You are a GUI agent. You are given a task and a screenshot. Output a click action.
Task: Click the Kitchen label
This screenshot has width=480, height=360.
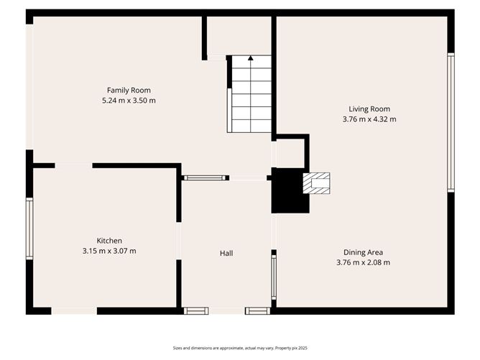click(109, 240)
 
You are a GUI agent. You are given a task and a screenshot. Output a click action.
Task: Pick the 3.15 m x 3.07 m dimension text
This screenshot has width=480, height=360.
click(109, 251)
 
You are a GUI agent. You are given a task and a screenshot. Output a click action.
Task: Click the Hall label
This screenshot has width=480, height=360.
click(226, 253)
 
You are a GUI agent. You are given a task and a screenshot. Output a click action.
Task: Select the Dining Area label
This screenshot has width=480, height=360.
click(363, 252)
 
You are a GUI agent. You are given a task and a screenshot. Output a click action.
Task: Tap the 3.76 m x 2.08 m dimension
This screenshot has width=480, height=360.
click(363, 263)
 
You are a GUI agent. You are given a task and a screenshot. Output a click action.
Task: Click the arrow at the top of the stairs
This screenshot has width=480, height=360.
click(250, 57)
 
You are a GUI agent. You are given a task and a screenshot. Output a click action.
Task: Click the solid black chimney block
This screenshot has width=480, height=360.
click(287, 190)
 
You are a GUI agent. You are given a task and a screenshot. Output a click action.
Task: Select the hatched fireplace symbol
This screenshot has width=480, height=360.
click(316, 183)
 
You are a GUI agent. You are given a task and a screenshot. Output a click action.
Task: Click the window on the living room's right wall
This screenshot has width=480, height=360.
click(451, 122)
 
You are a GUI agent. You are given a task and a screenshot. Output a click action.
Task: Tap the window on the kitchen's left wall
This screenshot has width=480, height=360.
click(29, 229)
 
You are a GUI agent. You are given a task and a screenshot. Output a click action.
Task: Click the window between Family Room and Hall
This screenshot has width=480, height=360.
click(205, 177)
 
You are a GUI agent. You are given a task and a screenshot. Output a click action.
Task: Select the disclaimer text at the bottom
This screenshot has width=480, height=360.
click(239, 348)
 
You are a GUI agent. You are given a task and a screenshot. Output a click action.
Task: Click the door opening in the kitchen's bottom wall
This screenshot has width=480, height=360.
click(74, 310)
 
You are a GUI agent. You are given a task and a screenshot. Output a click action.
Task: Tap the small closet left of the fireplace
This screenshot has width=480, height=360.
click(290, 153)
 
